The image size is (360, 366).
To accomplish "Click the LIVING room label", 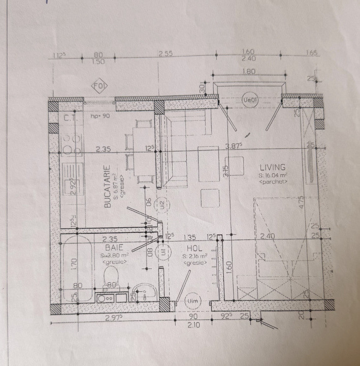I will [273, 167].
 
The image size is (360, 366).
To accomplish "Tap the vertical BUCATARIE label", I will [108, 187].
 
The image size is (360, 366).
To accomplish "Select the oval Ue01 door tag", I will [250, 100].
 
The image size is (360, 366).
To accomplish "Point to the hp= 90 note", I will [101, 116].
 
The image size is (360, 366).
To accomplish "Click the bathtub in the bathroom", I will [78, 265].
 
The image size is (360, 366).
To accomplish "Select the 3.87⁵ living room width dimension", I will [235, 148].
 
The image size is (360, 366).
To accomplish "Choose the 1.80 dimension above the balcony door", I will [249, 72].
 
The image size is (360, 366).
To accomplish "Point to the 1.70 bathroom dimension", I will [73, 263].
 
